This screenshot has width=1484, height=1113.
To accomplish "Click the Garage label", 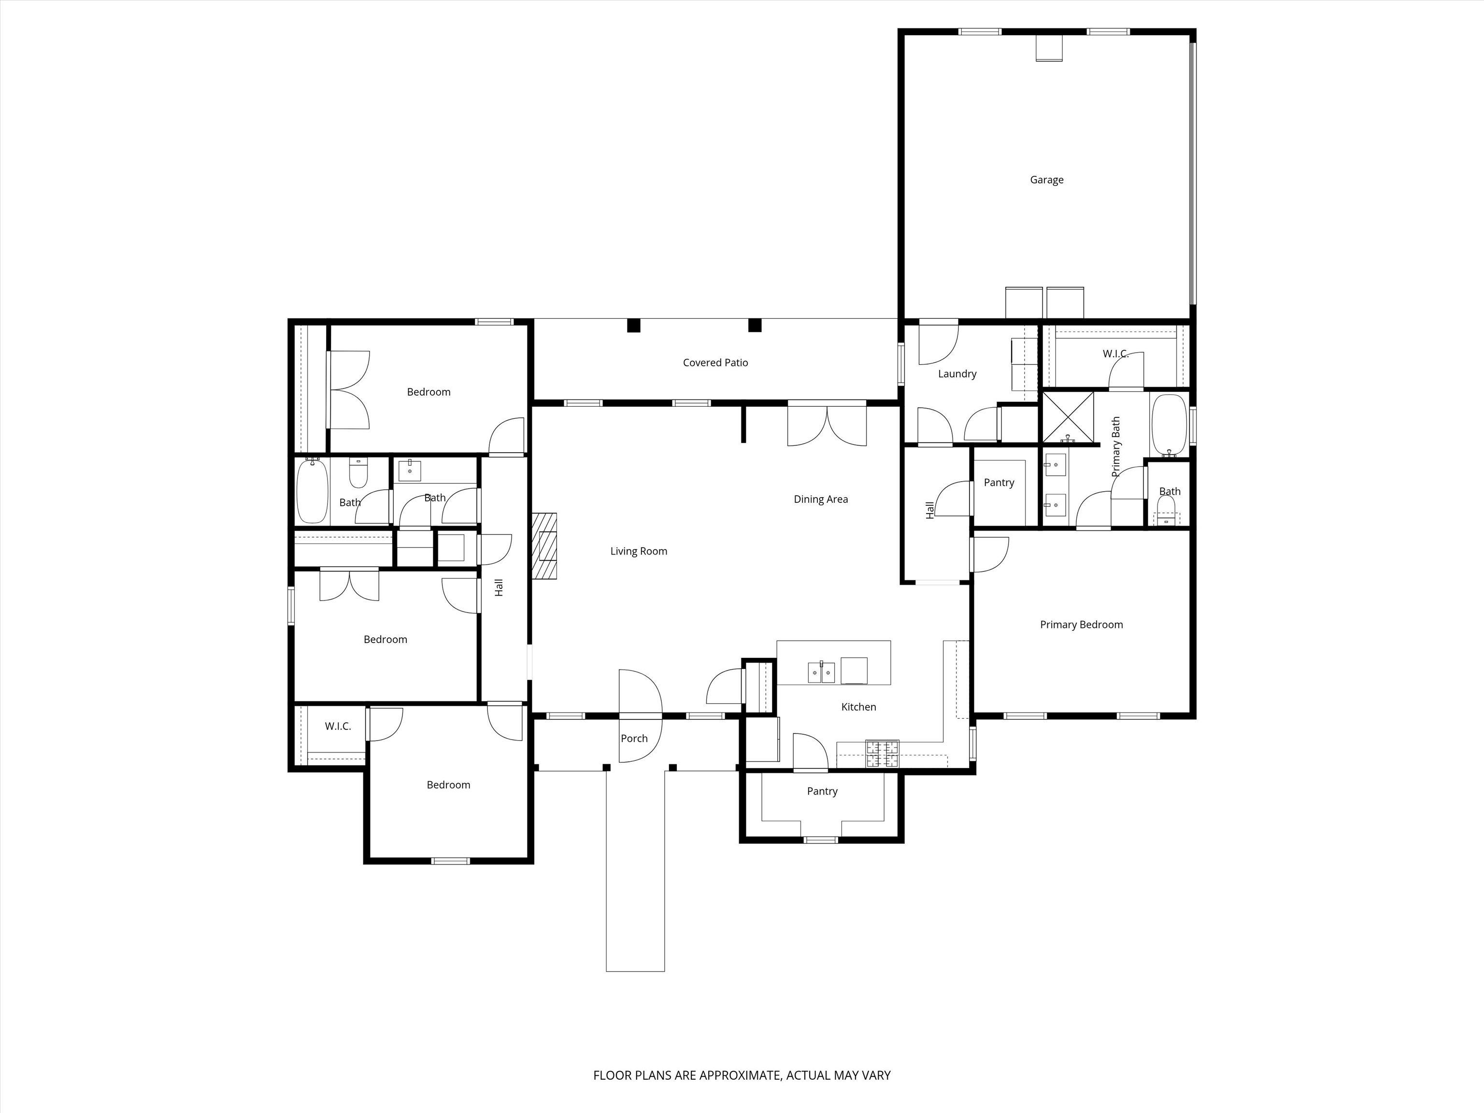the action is [1047, 180].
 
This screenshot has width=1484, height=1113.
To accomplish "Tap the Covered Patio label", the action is [715, 362].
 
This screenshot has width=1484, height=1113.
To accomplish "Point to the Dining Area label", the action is [820, 499].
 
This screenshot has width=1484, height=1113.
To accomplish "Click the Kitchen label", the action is [859, 706].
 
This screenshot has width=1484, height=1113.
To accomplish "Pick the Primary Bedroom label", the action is [1082, 625].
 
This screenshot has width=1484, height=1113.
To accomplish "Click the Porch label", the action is [634, 738].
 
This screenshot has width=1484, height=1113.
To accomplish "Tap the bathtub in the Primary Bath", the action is [1170, 425].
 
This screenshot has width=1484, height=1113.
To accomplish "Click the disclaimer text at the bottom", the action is [742, 1038].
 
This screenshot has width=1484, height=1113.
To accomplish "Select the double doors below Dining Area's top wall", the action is [827, 425].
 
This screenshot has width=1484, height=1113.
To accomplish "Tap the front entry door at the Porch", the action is [640, 716].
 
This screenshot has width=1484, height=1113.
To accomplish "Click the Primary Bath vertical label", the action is [1116, 447].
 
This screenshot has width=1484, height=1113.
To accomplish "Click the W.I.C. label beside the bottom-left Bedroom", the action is [338, 726].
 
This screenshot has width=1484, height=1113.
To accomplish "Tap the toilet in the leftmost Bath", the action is [359, 472].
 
